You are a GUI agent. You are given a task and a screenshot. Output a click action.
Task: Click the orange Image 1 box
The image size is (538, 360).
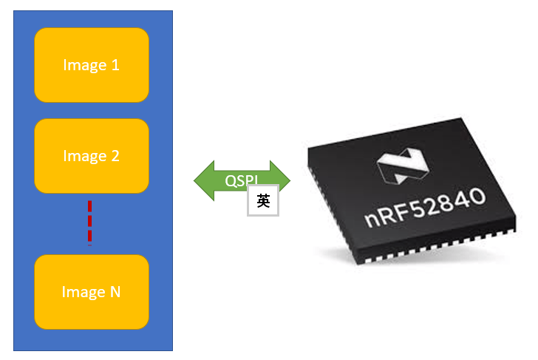click(x=92, y=65)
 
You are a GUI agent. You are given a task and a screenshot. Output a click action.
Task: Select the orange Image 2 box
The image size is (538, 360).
click(x=92, y=156)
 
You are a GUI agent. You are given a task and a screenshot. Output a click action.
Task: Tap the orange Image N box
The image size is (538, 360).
click(x=92, y=292)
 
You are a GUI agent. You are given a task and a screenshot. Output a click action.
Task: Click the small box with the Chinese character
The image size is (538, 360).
click(x=263, y=200)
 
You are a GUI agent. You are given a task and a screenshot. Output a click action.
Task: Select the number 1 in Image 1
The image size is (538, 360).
click(x=115, y=65)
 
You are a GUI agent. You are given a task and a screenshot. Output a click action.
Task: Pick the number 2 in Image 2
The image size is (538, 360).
click(x=115, y=156)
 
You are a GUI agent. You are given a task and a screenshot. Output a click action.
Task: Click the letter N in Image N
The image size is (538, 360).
click(x=115, y=292)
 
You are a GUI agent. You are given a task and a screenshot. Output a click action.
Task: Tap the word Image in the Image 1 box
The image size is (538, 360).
click(x=84, y=65)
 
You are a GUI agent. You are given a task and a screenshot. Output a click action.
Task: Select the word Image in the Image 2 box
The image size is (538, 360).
click(x=84, y=156)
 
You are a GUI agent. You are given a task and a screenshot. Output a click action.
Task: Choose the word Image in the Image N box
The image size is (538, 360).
click(x=83, y=292)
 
